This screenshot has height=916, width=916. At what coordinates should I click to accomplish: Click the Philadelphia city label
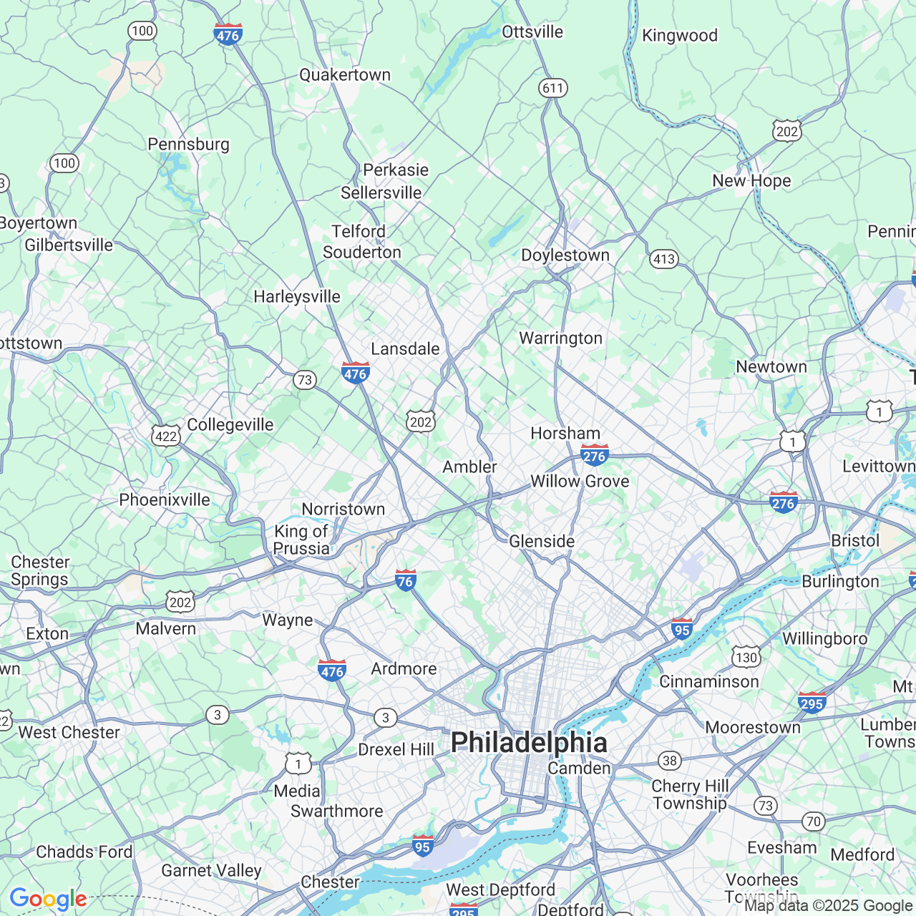point(529,743)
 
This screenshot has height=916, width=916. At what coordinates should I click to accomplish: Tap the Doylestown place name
point(565,255)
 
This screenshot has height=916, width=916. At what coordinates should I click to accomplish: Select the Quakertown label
point(345,75)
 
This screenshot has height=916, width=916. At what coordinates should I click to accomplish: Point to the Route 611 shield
point(552,88)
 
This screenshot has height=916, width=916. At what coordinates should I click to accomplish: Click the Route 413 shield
point(664,259)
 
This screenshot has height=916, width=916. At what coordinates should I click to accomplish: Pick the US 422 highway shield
point(166,436)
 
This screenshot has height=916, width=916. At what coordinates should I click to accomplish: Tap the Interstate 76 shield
point(406,580)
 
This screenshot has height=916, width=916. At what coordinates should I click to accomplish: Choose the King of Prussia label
point(301,540)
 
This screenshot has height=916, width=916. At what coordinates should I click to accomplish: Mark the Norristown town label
point(343,510)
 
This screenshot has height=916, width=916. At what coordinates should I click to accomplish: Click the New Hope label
point(751,181)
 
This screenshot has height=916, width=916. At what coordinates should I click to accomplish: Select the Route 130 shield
point(746,657)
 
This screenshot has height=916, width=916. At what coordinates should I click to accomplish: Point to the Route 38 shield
point(669,761)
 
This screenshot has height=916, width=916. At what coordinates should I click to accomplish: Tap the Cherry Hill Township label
point(690,794)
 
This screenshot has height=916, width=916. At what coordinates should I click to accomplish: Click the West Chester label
point(69,733)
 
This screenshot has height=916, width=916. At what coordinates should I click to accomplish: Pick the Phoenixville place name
point(165,500)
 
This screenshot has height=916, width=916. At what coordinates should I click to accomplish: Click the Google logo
point(48,899)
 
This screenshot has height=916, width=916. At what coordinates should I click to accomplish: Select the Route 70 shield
point(813,821)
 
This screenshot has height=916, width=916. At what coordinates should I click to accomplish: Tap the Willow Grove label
point(580,482)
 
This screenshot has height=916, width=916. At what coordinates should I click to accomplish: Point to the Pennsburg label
point(188,145)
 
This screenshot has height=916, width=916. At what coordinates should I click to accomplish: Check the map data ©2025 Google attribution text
point(829,906)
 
